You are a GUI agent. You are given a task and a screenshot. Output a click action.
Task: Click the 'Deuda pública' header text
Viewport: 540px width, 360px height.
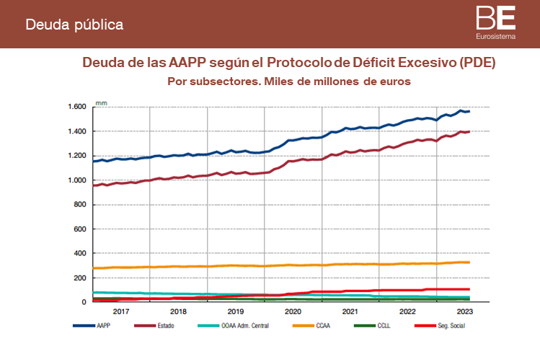point(74,25)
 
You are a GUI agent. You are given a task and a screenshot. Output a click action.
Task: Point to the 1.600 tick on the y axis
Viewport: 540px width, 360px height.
point(77,107)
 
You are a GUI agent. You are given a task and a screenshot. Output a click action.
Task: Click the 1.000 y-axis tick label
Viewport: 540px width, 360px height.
point(77,180)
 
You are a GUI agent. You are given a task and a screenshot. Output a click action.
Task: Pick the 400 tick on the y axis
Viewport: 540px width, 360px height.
point(79,254)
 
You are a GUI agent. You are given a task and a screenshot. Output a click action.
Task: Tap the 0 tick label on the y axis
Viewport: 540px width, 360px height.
point(84,302)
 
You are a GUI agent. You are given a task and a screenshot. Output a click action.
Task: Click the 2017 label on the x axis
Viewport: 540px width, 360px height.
point(120,312)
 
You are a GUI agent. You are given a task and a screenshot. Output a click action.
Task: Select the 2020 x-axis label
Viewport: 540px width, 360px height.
point(293,312)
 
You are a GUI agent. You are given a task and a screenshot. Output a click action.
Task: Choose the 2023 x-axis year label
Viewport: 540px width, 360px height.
point(465,312)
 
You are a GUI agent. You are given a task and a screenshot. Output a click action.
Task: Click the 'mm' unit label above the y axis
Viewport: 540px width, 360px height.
point(101,100)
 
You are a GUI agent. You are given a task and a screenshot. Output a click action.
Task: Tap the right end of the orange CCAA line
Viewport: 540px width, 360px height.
point(469,262)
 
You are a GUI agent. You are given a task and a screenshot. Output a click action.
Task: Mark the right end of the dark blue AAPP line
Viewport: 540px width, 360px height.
point(469,111)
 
